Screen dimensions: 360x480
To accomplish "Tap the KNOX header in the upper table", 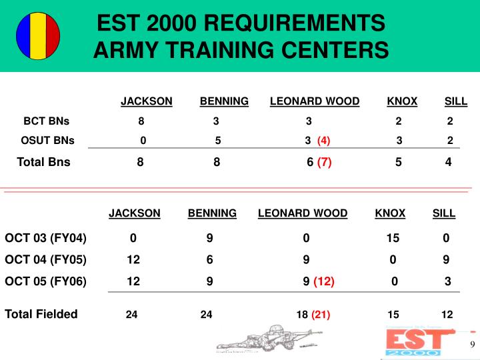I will click(x=402, y=101).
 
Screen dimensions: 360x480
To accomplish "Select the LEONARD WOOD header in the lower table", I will click(x=303, y=213).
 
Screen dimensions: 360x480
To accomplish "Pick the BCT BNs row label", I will click(x=47, y=121).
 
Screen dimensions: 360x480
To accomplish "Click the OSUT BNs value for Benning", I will click(x=218, y=141).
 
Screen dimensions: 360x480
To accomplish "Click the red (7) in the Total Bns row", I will click(x=325, y=161).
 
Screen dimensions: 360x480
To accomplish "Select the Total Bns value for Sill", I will click(x=449, y=161).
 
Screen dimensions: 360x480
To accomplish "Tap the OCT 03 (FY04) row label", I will click(x=46, y=238).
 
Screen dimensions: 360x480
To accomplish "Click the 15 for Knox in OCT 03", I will click(x=393, y=238).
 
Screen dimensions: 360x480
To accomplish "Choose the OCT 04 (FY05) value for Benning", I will click(x=209, y=259).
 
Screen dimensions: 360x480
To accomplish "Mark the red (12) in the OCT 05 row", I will click(x=324, y=281).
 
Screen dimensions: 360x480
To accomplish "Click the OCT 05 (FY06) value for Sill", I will click(x=448, y=281).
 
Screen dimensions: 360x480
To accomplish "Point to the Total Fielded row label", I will click(x=41, y=314).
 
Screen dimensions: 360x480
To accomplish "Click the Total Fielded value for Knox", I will click(x=393, y=315).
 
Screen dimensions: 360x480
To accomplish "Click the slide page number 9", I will click(x=472, y=345).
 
